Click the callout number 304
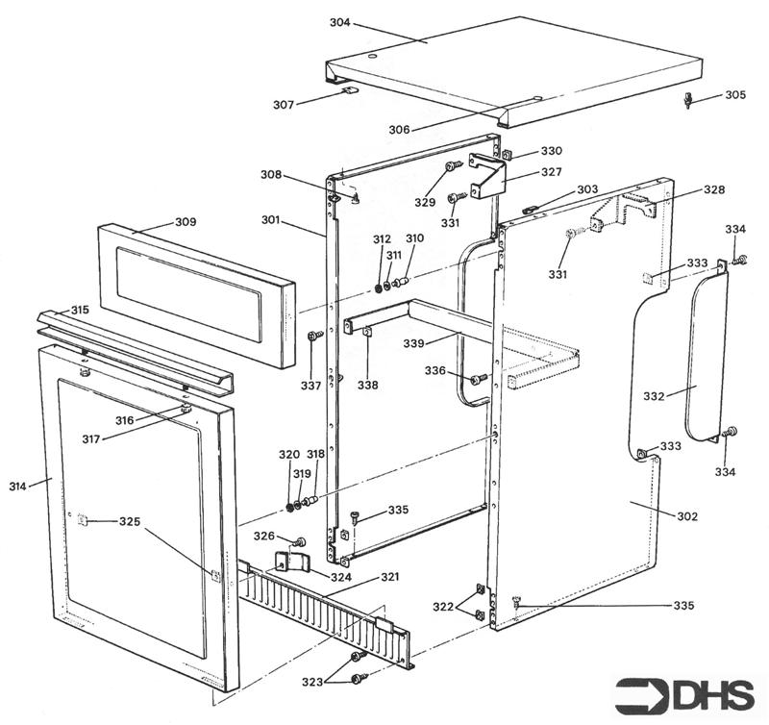(339, 22)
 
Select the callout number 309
(185, 222)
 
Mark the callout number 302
(686, 517)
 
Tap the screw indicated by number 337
(312, 337)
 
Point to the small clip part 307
(349, 91)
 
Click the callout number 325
(131, 521)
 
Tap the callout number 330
(551, 151)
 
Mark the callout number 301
(270, 220)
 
